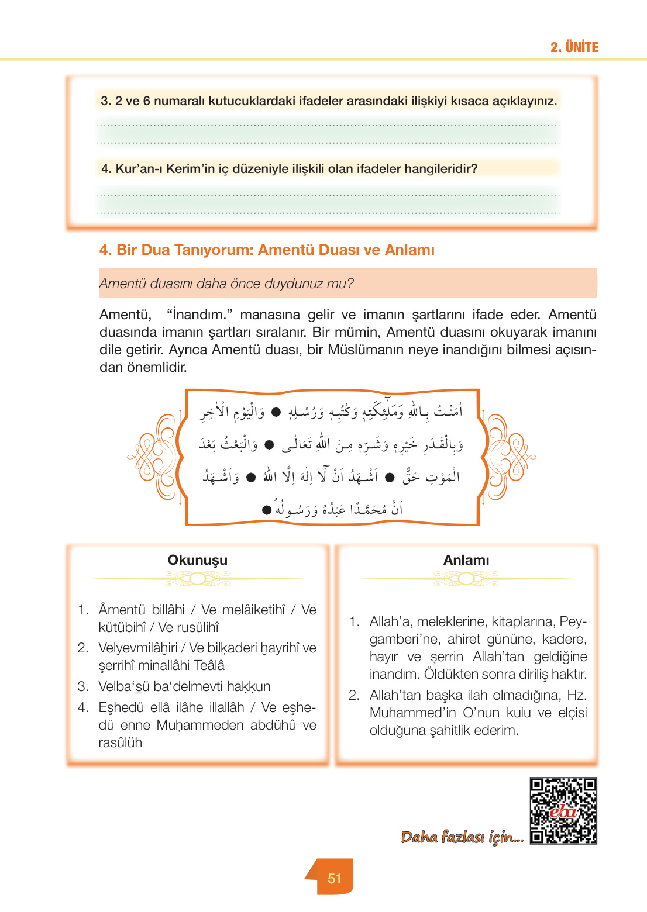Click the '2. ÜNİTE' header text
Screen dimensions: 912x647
pos(574,47)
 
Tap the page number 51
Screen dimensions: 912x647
pos(335,878)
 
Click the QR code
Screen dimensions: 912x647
pos(563,810)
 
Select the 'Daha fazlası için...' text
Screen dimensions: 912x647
pos(462,837)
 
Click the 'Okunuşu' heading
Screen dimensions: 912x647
pos(197,560)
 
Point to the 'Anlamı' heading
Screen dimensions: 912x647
pos(466,560)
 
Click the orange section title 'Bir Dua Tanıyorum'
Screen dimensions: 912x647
pos(267,250)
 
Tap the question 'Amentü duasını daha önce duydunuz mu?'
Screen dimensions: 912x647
pos(226,284)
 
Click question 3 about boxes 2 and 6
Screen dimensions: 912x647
pos(329,101)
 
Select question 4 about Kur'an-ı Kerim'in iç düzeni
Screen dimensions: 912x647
pos(289,169)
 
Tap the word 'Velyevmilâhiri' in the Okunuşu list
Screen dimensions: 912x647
pos(138,648)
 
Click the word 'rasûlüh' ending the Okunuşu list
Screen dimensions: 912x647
pos(120,742)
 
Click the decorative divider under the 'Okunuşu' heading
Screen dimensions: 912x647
pos(197,579)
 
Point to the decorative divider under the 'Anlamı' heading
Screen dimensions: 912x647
pos(466,579)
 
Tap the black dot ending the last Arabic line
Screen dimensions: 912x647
pos(267,510)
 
